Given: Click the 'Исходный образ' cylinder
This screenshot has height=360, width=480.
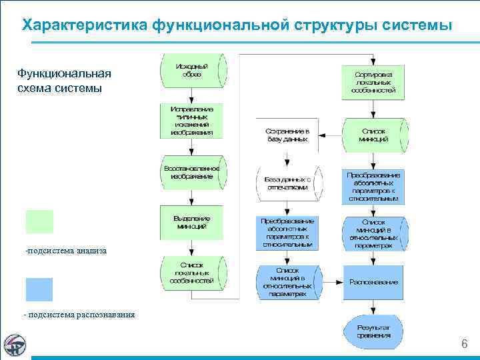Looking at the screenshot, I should [x=191, y=71].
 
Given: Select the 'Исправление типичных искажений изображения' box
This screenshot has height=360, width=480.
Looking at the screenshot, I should [x=191, y=120].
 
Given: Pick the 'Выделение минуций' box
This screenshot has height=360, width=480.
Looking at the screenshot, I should [x=191, y=223].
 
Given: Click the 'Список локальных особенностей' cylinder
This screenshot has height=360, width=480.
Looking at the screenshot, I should [x=191, y=273].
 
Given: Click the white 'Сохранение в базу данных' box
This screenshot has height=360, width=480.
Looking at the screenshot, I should [x=287, y=135].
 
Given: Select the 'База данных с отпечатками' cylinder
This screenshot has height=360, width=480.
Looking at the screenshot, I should [x=287, y=183].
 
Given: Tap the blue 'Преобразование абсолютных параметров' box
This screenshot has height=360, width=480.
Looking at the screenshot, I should [x=287, y=232].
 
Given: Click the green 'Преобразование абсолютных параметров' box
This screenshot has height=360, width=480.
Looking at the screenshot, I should [x=374, y=186].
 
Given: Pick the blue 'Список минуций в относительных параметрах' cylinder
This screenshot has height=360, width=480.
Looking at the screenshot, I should [x=287, y=282].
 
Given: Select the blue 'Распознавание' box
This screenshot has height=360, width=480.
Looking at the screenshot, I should [x=374, y=282].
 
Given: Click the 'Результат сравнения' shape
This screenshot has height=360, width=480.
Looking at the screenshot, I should [x=374, y=331].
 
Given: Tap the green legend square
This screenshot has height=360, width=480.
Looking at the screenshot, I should [x=39, y=222].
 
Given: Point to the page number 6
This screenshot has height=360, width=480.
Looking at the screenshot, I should [x=465, y=344].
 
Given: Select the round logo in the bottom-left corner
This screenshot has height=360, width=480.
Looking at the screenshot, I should [x=15, y=345].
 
